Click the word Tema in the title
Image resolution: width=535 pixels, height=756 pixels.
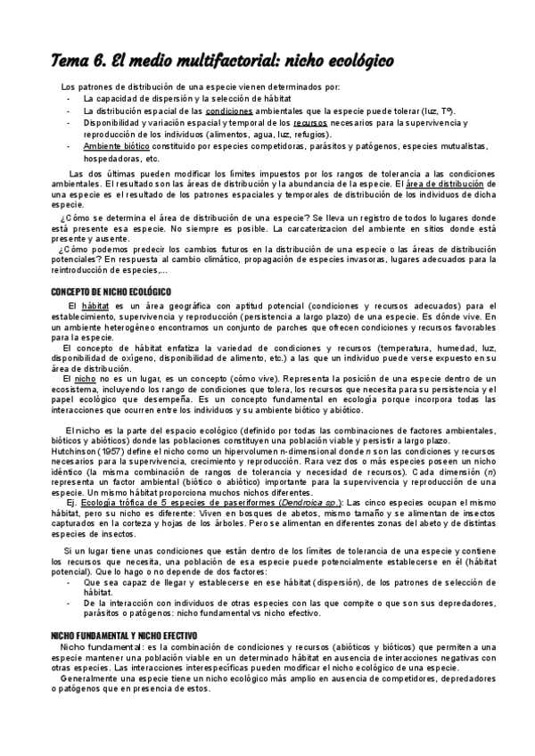[68, 60]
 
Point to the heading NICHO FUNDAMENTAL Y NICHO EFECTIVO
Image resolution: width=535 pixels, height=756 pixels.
[123, 633]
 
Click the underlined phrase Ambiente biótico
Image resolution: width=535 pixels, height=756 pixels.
[116, 145]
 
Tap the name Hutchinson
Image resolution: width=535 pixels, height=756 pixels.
[76, 452]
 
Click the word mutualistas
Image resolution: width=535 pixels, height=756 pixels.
[457, 145]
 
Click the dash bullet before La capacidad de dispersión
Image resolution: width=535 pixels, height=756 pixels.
[69, 99]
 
